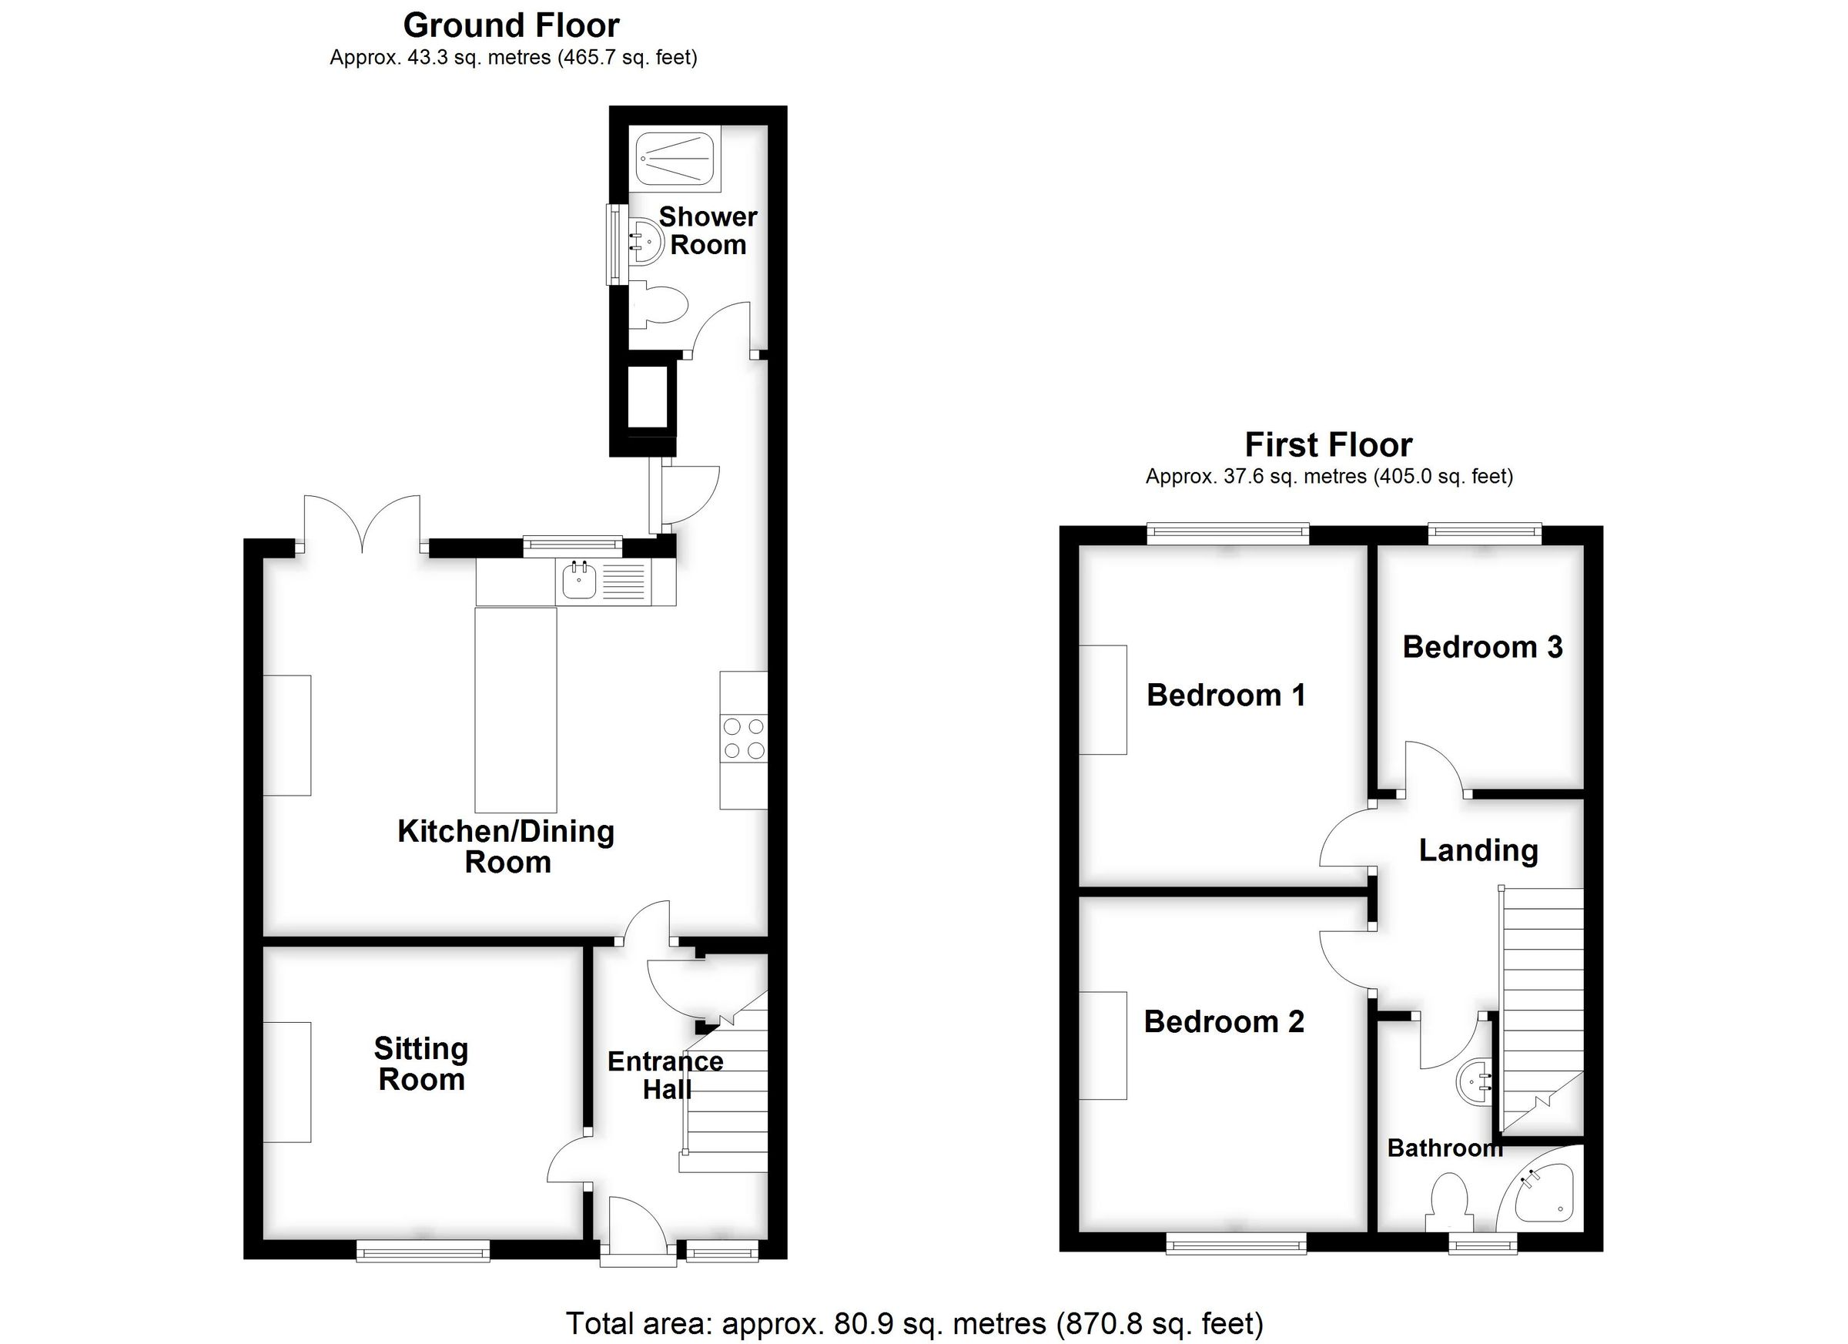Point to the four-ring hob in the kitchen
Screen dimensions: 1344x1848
tap(744, 739)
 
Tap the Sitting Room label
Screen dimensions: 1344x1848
tap(421, 1064)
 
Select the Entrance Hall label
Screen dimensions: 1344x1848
tap(666, 1075)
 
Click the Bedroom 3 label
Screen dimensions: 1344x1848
tap(1482, 647)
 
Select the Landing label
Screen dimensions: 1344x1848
tap(1478, 850)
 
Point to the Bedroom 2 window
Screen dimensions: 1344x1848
tap(1236, 1243)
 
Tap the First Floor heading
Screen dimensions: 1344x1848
tap(1328, 445)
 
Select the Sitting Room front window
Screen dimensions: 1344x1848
tap(423, 1251)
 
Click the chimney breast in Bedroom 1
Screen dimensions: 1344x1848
tap(1103, 699)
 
